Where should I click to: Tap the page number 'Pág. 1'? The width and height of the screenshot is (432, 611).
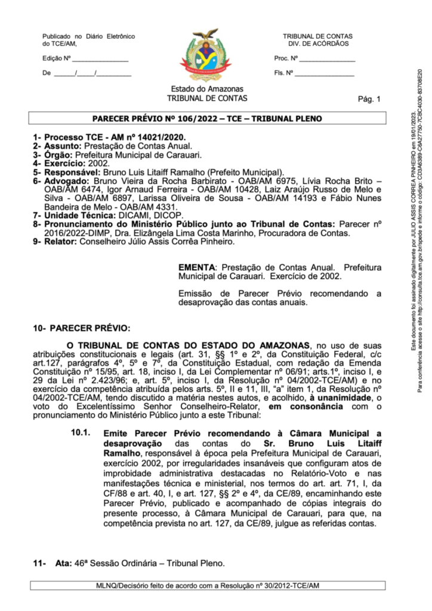tap(368, 99)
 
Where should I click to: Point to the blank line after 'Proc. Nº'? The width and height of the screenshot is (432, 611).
tap(327, 60)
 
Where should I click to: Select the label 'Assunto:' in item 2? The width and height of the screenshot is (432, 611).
tap(63, 146)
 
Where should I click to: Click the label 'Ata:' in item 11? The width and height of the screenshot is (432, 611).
tap(62, 563)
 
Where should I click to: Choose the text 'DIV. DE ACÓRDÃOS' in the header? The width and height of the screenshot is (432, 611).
tap(318, 44)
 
